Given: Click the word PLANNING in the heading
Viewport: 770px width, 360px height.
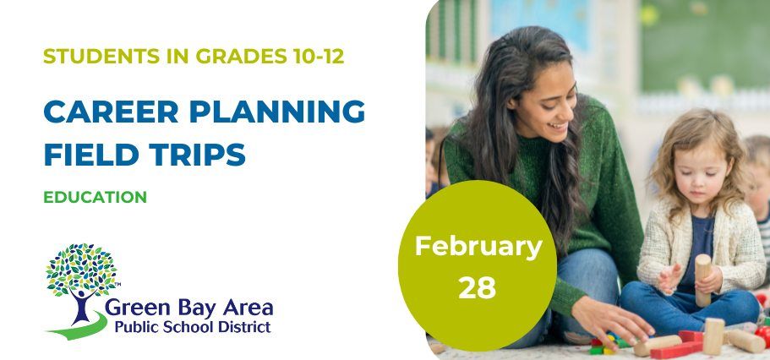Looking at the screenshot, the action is [277, 112].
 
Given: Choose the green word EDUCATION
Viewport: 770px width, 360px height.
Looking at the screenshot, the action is [95, 197].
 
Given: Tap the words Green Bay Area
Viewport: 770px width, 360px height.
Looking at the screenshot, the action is [189, 308].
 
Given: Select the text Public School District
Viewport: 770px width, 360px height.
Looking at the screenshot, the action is [193, 326].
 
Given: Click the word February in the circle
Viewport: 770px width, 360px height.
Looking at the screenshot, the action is [478, 248].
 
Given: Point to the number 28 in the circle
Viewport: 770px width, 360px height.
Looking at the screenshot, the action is [478, 287].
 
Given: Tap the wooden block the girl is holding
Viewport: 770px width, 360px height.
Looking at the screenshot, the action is [703, 280].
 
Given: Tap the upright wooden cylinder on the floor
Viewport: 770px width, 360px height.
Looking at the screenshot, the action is [713, 336].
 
